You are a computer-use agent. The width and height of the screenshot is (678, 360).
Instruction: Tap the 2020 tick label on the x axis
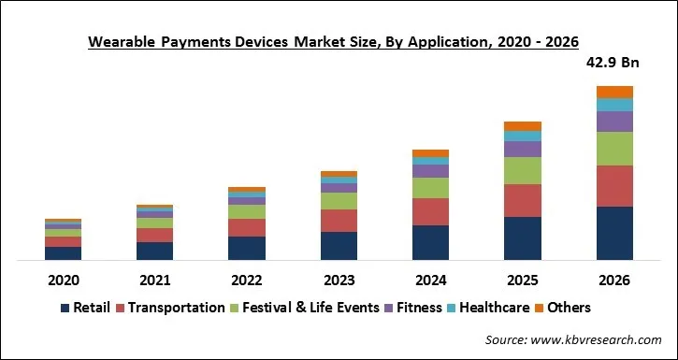coord(63,280)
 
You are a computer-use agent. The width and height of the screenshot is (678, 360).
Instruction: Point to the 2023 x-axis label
coord(339,280)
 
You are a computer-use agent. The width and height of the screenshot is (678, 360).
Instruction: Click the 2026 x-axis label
coord(613,280)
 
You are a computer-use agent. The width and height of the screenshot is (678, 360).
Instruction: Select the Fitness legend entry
coord(417,308)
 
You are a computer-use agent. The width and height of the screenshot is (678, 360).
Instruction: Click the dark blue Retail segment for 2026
coord(614,233)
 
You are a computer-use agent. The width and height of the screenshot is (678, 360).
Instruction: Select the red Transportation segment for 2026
coord(614,186)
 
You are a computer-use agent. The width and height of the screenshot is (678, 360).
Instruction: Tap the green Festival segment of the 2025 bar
coord(523,170)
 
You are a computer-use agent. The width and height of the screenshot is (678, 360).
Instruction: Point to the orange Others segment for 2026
coord(614,92)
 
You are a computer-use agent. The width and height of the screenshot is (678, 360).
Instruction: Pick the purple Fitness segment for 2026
coord(614,122)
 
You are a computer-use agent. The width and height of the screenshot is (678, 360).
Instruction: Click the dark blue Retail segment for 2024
coord(430,242)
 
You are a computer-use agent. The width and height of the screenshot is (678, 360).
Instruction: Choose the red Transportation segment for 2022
coord(247,227)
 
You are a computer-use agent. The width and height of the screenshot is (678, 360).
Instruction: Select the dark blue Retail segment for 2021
coord(154,251)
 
